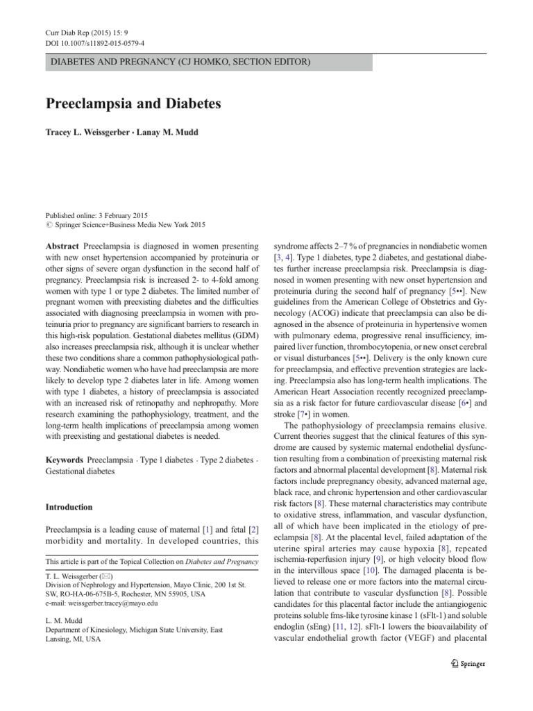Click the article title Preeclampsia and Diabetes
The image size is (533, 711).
pyautogui.click(x=133, y=104)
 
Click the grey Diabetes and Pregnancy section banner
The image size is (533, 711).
pyautogui.click(x=208, y=62)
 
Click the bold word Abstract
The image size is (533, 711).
pyautogui.click(x=62, y=247)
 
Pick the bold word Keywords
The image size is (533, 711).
pyautogui.click(x=65, y=460)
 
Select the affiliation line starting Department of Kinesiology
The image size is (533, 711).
pyautogui.click(x=134, y=630)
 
